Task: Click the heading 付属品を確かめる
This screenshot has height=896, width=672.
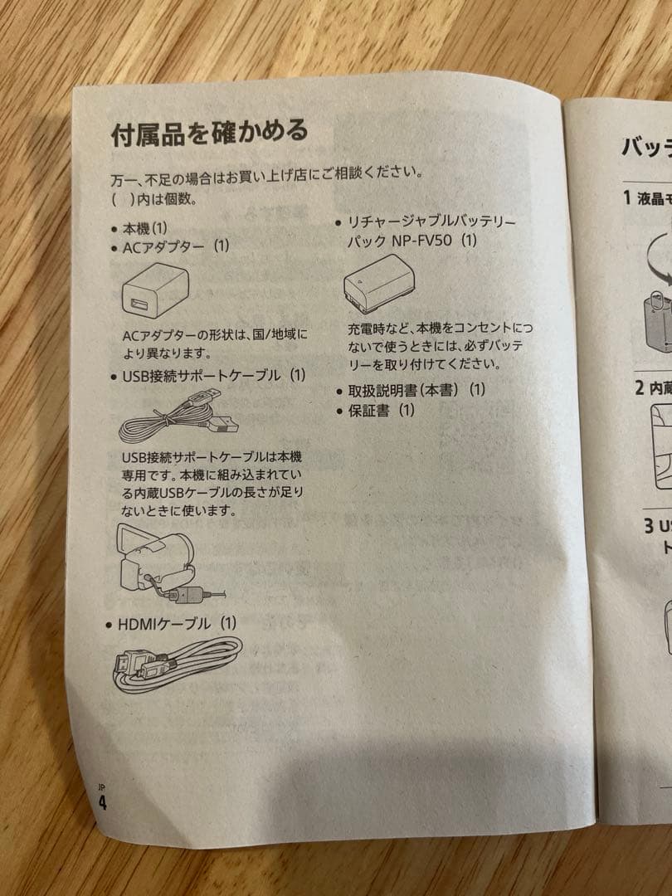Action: coord(209,132)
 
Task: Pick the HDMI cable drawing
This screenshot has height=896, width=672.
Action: coord(174,665)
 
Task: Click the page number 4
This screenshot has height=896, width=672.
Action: coord(102,802)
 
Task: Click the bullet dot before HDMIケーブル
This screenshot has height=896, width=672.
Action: coord(109,625)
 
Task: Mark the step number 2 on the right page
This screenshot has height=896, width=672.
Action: coord(640,387)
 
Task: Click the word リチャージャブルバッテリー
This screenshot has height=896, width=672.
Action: coord(431,222)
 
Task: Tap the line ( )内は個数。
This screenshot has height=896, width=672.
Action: coord(153,200)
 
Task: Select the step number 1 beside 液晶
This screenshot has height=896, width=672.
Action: coord(628,197)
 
